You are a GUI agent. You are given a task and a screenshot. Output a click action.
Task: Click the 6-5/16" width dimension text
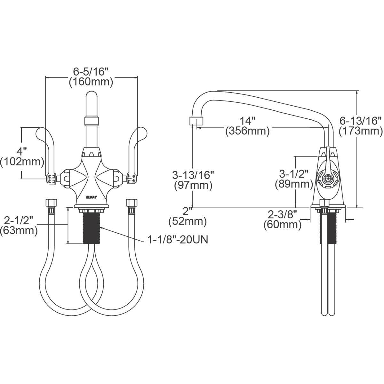click(91, 71)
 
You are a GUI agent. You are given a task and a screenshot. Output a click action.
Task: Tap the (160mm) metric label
click(91, 82)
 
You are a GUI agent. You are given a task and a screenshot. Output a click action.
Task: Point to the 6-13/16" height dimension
click(361, 121)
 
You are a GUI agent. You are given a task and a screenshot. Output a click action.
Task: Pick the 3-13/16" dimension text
click(193, 175)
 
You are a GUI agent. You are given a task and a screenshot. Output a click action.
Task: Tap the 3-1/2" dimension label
click(294, 174)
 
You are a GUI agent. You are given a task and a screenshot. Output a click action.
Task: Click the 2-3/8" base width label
click(283, 214)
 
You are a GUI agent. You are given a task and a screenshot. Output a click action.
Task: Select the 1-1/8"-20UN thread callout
click(178, 240)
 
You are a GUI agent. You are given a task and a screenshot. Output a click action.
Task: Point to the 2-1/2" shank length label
click(19, 220)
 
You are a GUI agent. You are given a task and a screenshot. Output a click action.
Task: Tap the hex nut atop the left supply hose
click(52, 204)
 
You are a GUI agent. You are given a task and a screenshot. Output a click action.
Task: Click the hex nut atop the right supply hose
click(131, 204)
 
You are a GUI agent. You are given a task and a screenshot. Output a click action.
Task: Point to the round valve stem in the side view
click(326, 179)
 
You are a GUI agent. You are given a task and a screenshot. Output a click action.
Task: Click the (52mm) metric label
click(188, 221)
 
